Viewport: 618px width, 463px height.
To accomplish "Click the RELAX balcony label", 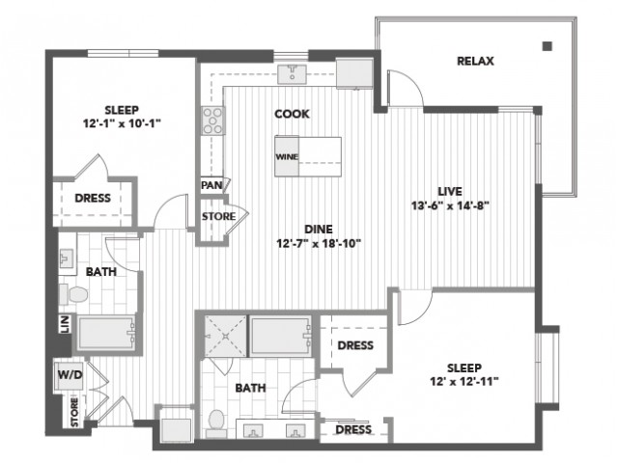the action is click(475, 61).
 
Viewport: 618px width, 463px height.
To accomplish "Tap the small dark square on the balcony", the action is click(548, 46).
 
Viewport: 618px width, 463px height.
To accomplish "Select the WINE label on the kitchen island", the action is click(287, 156).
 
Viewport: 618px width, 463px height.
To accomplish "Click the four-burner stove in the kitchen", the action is click(212, 121).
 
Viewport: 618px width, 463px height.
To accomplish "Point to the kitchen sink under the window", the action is click(292, 74).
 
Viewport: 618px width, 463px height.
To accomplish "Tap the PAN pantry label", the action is click(211, 185).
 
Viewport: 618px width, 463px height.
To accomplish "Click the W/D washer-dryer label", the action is click(70, 374).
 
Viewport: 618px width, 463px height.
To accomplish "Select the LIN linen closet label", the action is click(66, 324).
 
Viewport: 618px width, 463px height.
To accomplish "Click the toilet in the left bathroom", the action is click(73, 294).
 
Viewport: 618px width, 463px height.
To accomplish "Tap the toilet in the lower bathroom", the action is click(216, 423).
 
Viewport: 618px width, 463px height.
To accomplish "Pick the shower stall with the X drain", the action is click(225, 336).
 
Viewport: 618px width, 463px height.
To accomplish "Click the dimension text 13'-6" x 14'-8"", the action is click(450, 205).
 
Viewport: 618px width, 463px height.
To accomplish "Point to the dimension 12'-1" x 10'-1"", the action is click(122, 123).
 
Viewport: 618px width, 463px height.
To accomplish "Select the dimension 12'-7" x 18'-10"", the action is click(319, 244).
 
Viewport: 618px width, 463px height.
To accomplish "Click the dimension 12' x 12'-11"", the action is click(464, 381).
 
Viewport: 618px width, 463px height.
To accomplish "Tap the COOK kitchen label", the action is click(292, 114).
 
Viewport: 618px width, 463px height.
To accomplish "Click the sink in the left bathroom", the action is click(67, 259).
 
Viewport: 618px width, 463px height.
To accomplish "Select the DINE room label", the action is click(319, 229).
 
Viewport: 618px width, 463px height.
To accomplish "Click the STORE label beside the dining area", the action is click(219, 216).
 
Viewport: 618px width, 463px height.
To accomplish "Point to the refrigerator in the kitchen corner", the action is click(354, 73).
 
